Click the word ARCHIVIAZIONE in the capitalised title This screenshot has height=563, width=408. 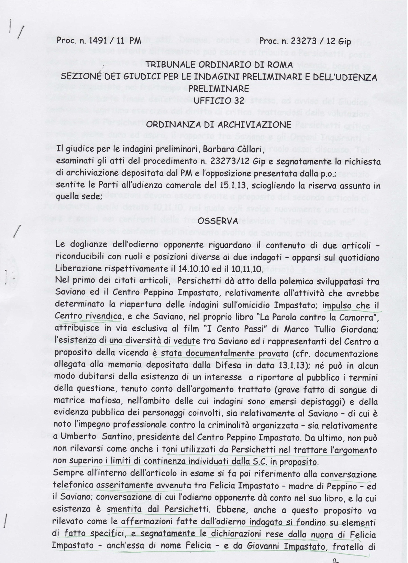pos(257,124)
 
